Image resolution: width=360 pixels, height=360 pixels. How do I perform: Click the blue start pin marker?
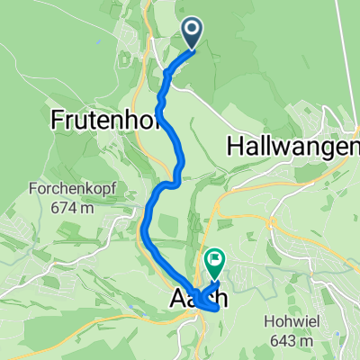point(193,32)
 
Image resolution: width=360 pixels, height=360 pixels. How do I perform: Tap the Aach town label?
point(193,301)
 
